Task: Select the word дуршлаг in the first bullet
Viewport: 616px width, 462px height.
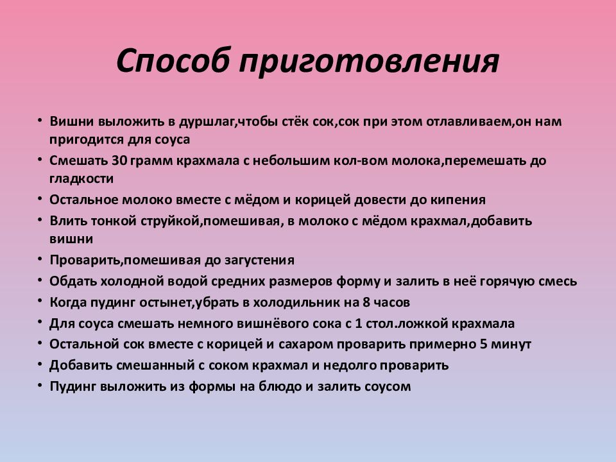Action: pyautogui.click(x=203, y=121)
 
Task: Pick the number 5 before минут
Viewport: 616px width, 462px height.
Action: pyautogui.click(x=483, y=344)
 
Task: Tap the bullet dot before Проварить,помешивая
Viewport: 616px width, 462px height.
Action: pyautogui.click(x=41, y=260)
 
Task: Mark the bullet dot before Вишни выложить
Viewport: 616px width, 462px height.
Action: pyautogui.click(x=41, y=121)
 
